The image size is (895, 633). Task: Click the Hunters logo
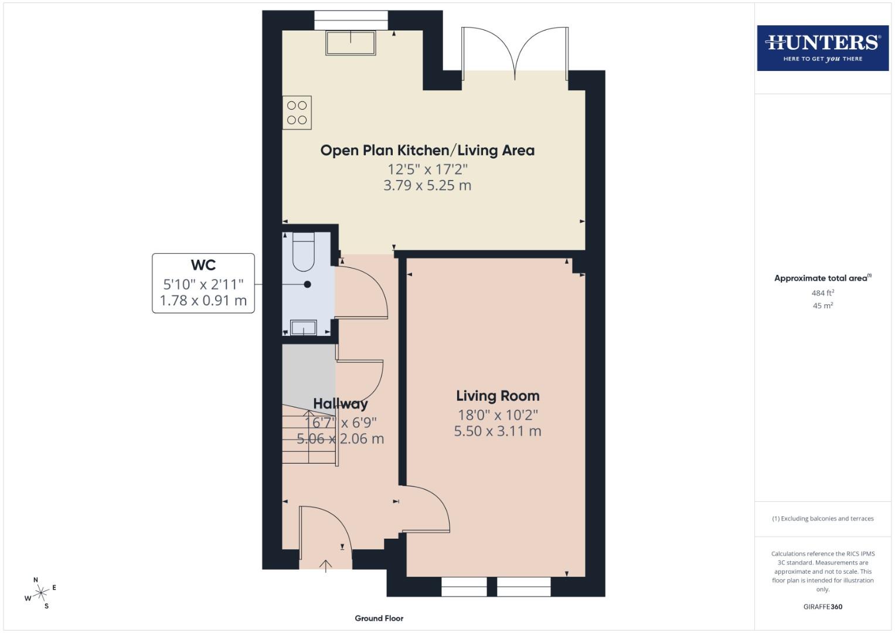pyautogui.click(x=822, y=48)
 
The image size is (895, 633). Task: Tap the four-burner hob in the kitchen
pyautogui.click(x=297, y=113)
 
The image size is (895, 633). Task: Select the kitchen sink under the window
pyautogui.click(x=350, y=43)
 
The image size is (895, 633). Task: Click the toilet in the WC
pyautogui.click(x=303, y=252)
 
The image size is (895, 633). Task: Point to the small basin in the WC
pyautogui.click(x=303, y=327)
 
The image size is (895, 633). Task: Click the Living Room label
pyautogui.click(x=498, y=396)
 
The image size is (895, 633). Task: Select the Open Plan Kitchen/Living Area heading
pyautogui.click(x=427, y=151)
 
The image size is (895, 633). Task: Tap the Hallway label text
pyautogui.click(x=341, y=404)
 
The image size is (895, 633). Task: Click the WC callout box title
pyautogui.click(x=203, y=266)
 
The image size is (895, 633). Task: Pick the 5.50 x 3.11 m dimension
pyautogui.click(x=498, y=431)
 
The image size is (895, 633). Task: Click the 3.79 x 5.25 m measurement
pyautogui.click(x=427, y=186)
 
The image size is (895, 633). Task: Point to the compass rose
pyautogui.click(x=40, y=593)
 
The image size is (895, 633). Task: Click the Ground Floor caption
pyautogui.click(x=379, y=618)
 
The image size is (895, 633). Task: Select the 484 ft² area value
pyautogui.click(x=822, y=293)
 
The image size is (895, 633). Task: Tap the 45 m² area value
pyautogui.click(x=822, y=306)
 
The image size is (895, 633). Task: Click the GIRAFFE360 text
pyautogui.click(x=822, y=607)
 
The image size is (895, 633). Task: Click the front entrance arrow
pyautogui.click(x=326, y=565)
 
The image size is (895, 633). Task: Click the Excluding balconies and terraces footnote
pyautogui.click(x=822, y=519)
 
